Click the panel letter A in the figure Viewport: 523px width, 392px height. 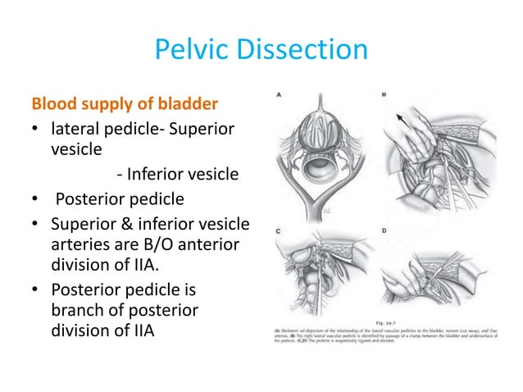click(x=279, y=95)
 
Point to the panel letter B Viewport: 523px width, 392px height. click(x=384, y=95)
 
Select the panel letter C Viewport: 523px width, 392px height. click(x=279, y=232)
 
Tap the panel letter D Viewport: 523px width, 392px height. click(x=384, y=232)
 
